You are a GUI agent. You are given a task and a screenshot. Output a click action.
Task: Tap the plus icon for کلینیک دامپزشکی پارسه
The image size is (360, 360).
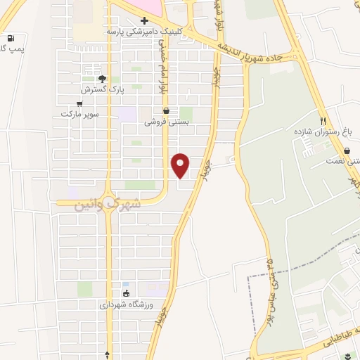[x=144, y=20]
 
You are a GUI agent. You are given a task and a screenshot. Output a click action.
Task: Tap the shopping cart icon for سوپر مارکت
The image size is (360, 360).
[x=79, y=103]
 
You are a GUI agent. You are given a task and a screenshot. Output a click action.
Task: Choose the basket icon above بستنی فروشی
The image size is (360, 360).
[x=166, y=110]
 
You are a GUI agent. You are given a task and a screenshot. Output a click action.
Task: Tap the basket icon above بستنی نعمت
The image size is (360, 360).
[x=347, y=150]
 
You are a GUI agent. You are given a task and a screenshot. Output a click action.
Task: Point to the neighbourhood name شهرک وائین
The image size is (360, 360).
[x=107, y=204]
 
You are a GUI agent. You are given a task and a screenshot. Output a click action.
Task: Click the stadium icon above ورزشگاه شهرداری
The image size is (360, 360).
[x=126, y=294]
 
